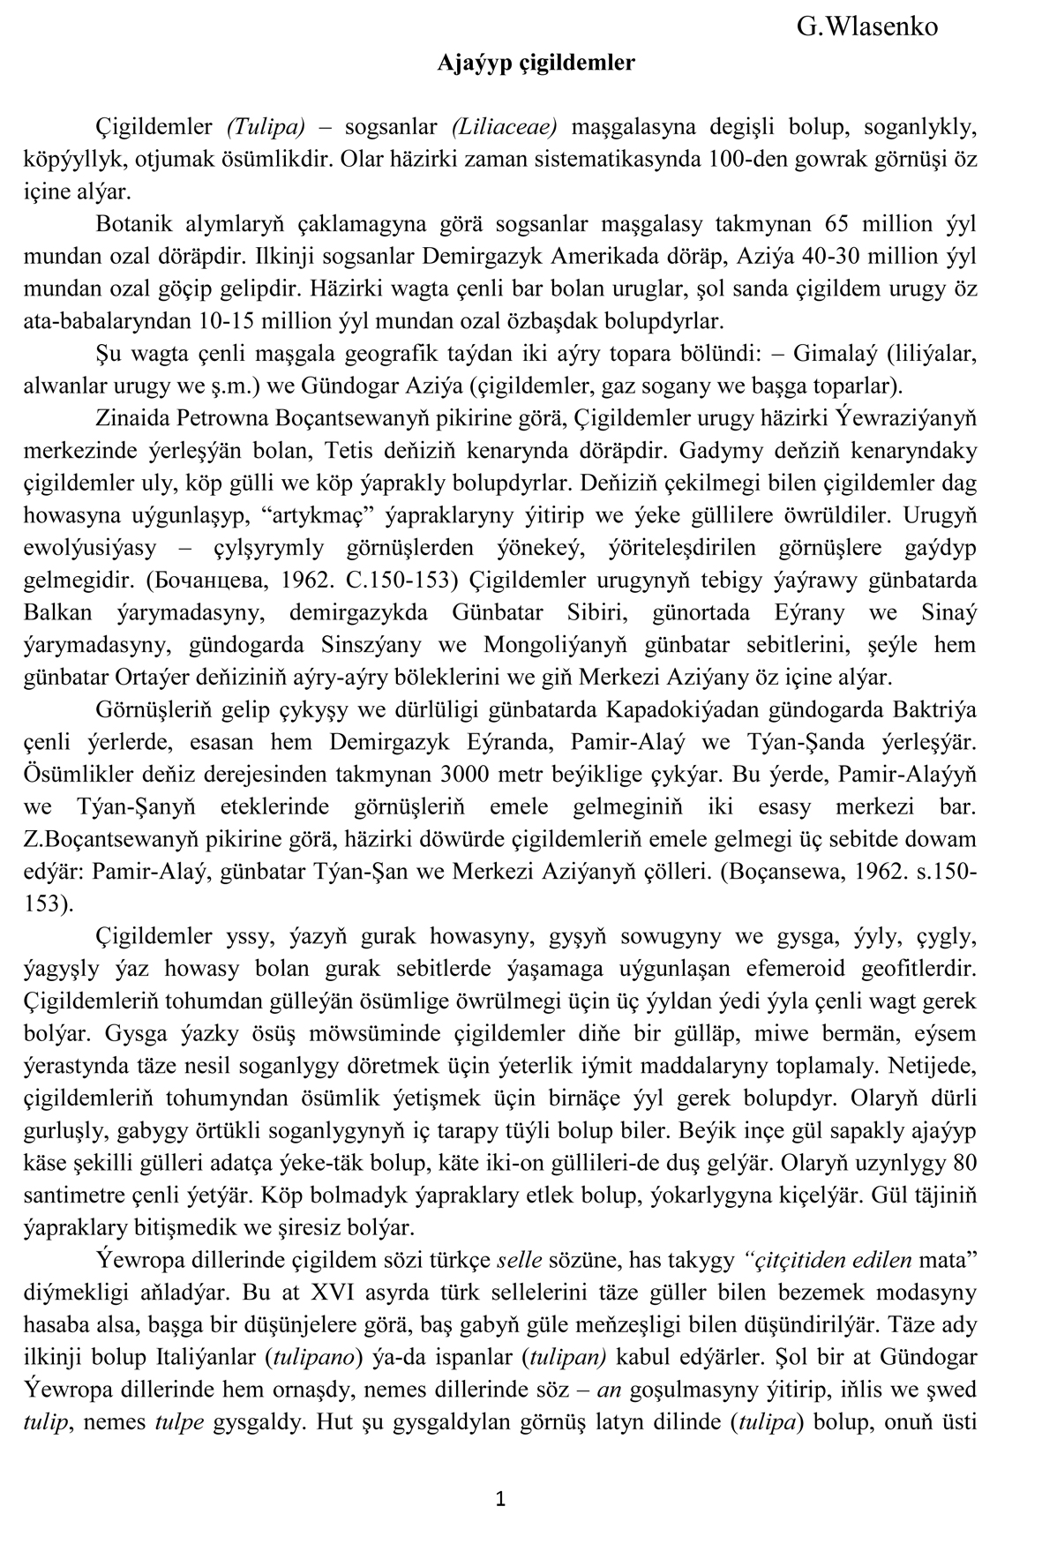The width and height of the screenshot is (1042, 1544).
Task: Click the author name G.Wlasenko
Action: coord(866,27)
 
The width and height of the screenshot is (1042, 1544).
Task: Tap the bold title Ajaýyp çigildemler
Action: coord(536,64)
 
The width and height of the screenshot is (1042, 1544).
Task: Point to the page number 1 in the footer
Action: coord(500,1498)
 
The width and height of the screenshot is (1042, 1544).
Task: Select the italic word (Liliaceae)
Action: coord(505,126)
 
